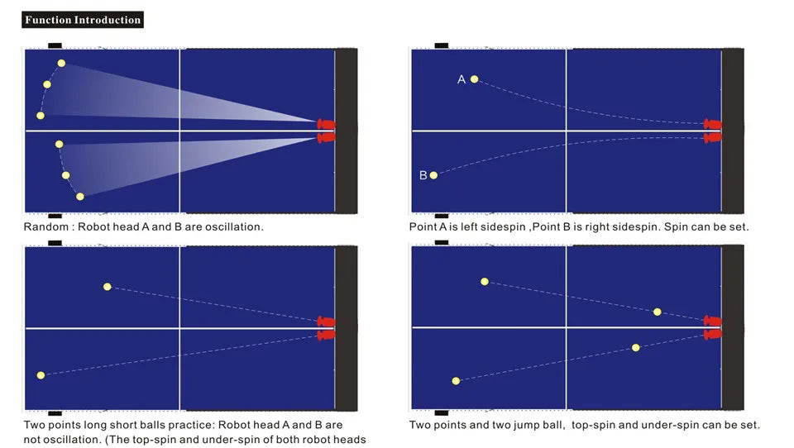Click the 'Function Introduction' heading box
pos(83,20)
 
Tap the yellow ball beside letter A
pos(474,79)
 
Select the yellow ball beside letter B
pos(433,175)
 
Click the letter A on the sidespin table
pos(462,79)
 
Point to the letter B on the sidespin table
pos(423,175)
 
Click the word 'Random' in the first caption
pos(45,226)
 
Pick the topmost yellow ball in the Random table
pos(61,64)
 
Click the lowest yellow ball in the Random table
pos(80,197)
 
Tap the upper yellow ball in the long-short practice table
pos(108,287)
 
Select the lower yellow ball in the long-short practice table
pos(41,375)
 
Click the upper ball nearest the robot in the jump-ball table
pos(658,312)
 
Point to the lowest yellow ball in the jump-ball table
pos(456,381)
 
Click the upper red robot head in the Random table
pos(326,124)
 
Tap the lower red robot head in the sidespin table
pos(712,138)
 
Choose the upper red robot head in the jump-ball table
pos(712,321)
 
